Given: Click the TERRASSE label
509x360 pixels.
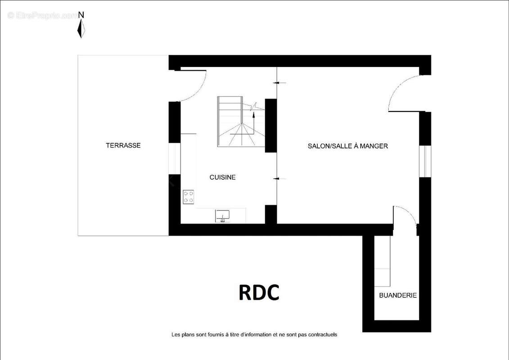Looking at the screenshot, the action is [123, 145].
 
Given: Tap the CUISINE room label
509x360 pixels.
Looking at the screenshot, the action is [222, 177].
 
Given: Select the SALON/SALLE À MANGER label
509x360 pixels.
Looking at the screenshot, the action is [348, 146].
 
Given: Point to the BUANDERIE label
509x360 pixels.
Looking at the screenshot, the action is [398, 295].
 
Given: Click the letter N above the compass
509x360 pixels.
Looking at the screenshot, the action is [81, 15].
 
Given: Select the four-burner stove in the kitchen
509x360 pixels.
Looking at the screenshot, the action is [189, 197].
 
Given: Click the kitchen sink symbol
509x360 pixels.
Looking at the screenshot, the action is [222, 216].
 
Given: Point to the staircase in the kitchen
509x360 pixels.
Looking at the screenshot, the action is [241, 121].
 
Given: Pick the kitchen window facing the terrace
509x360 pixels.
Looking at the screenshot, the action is [174, 158].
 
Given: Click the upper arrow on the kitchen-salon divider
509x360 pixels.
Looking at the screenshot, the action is [279, 83].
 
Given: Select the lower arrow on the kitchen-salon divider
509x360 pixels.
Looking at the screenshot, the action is [279, 179].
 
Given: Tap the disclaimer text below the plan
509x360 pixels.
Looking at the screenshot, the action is [254, 335].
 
